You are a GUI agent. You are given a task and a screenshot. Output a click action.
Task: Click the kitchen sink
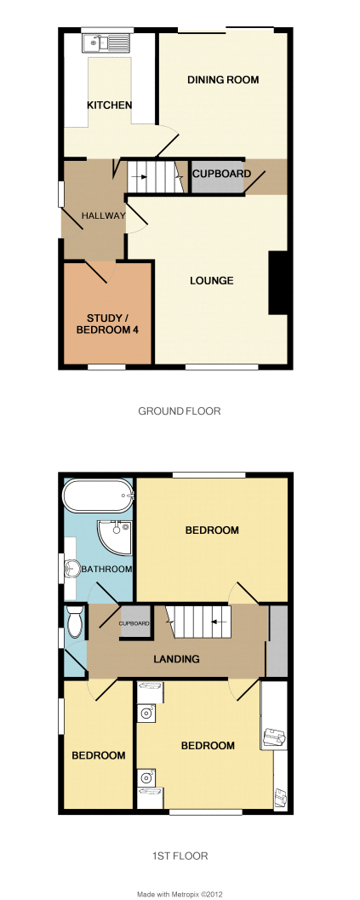[106, 42]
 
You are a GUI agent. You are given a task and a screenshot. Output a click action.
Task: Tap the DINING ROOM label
[223, 80]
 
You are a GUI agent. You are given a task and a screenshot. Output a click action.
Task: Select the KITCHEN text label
[110, 105]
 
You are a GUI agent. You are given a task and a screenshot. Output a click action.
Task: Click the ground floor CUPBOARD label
[221, 174]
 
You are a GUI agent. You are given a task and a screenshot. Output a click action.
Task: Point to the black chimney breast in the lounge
[278, 283]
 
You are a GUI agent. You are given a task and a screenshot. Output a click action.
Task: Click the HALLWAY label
[103, 215]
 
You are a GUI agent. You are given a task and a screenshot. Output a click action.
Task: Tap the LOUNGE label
[212, 281]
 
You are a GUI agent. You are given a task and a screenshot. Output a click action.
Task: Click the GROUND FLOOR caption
[180, 411]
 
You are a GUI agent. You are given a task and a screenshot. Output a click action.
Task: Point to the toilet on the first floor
[75, 622]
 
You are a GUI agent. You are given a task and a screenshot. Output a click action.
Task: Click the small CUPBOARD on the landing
[135, 622]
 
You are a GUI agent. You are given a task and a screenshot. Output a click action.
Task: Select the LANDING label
[176, 659]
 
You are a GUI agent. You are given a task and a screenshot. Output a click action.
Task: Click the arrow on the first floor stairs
[218, 621]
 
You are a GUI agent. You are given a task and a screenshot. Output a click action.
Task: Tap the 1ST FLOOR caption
[180, 856]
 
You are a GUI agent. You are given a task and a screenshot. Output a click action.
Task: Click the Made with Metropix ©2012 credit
[179, 894]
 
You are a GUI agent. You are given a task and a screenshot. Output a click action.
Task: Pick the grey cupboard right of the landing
[277, 640]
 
